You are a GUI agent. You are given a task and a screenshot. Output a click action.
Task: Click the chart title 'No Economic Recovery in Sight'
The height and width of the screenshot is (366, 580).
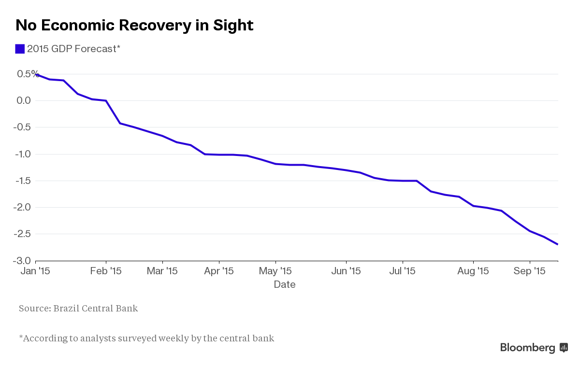(x=134, y=25)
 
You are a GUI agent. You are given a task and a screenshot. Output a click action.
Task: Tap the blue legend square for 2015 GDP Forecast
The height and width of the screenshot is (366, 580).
(x=20, y=49)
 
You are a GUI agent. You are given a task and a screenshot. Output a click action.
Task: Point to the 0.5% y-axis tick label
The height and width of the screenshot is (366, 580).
(x=28, y=74)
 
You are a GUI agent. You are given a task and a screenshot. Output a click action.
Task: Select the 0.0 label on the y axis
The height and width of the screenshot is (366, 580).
(x=24, y=100)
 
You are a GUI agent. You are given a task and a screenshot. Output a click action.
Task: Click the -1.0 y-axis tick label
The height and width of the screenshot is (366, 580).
(x=22, y=154)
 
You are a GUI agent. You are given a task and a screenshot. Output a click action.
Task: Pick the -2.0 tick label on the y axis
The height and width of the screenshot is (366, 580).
(x=22, y=207)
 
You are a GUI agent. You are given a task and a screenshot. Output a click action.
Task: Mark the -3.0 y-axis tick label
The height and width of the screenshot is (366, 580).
(x=22, y=261)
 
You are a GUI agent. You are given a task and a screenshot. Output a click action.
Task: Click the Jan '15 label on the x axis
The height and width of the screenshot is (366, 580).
(x=35, y=271)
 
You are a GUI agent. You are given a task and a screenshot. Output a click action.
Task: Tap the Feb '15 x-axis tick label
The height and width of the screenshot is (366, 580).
(x=106, y=271)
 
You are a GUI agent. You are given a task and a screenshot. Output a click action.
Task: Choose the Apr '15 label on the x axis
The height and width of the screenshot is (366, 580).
(x=218, y=271)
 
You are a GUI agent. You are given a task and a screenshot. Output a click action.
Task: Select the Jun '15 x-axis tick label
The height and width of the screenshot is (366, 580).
(x=346, y=271)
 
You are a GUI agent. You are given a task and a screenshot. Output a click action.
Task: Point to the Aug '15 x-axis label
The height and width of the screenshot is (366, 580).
(x=473, y=271)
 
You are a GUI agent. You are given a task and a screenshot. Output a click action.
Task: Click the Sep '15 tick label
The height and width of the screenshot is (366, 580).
(x=529, y=271)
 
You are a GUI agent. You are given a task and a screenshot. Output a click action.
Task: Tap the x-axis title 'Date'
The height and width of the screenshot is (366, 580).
(x=285, y=284)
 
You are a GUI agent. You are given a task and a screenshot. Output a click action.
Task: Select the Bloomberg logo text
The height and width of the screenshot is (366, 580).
(x=528, y=348)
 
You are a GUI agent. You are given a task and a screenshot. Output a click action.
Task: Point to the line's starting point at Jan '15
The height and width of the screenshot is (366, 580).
(x=36, y=74)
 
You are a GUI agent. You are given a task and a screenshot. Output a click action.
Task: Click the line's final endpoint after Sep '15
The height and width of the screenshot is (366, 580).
(x=558, y=244)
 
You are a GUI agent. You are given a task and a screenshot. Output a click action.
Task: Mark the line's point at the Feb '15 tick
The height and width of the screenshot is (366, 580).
(x=106, y=100)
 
